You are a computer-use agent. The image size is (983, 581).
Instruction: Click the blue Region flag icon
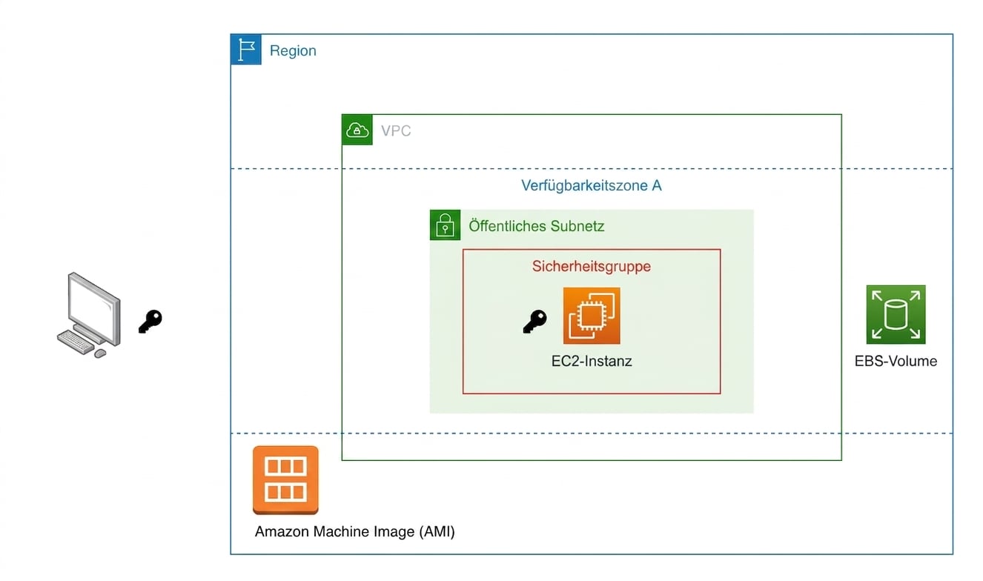click(x=246, y=50)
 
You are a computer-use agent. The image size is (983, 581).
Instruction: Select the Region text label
click(x=293, y=51)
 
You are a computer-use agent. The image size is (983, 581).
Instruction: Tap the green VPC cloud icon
click(x=357, y=130)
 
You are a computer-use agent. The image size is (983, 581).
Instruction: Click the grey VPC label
click(x=396, y=131)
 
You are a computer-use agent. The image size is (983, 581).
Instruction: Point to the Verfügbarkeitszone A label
click(x=591, y=185)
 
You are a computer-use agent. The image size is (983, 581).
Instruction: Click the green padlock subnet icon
click(x=445, y=225)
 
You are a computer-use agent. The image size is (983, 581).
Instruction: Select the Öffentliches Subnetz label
click(x=536, y=226)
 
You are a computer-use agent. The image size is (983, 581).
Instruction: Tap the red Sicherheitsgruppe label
click(x=591, y=266)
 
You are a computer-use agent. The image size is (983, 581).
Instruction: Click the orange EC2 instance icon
click(x=592, y=316)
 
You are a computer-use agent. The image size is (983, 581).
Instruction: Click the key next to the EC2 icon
click(x=534, y=322)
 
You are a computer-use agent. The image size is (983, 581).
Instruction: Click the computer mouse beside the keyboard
click(x=100, y=353)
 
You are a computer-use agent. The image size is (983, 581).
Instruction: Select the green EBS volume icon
click(x=896, y=314)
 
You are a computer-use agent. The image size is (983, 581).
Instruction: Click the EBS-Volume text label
click(x=896, y=362)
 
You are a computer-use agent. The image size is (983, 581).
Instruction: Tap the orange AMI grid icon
click(x=285, y=479)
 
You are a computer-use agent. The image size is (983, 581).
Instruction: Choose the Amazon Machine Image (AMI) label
click(x=354, y=532)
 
